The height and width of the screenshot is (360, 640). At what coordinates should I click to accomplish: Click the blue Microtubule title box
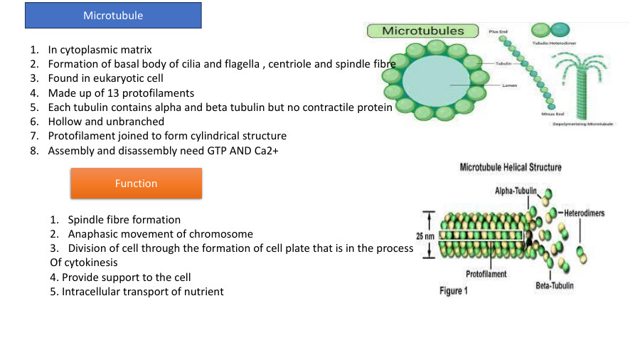[113, 15]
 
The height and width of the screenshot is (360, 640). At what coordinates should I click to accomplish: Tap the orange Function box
[136, 184]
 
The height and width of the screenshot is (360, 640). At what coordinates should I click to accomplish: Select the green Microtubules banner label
[422, 31]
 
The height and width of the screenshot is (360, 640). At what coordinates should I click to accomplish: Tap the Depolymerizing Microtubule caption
[583, 124]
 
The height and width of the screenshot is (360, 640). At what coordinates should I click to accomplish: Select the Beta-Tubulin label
[555, 286]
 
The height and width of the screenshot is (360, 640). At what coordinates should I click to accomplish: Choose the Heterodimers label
[584, 213]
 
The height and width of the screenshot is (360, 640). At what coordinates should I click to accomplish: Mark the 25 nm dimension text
[425, 235]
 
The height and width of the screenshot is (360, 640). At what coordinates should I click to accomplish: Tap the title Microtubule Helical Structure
[511, 168]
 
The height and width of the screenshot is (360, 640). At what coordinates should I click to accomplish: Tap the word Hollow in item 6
[65, 122]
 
